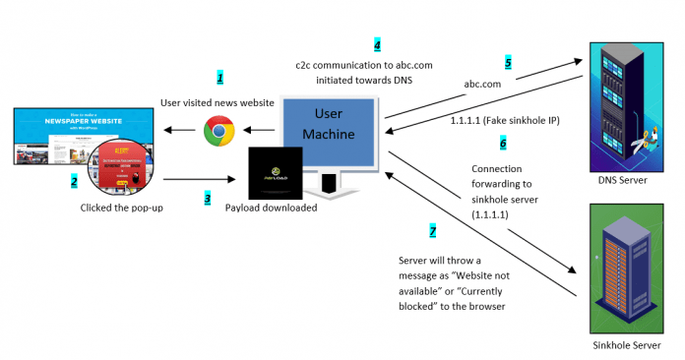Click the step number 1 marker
(x=220, y=77)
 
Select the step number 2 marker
(x=74, y=181)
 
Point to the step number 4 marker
(x=376, y=46)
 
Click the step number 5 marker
(x=509, y=62)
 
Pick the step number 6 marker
(x=502, y=143)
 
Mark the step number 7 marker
(x=431, y=231)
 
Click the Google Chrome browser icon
(x=218, y=131)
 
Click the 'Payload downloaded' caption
(x=272, y=209)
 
